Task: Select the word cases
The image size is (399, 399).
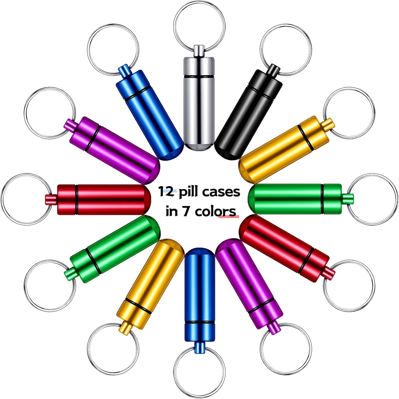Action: [x=224, y=192]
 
